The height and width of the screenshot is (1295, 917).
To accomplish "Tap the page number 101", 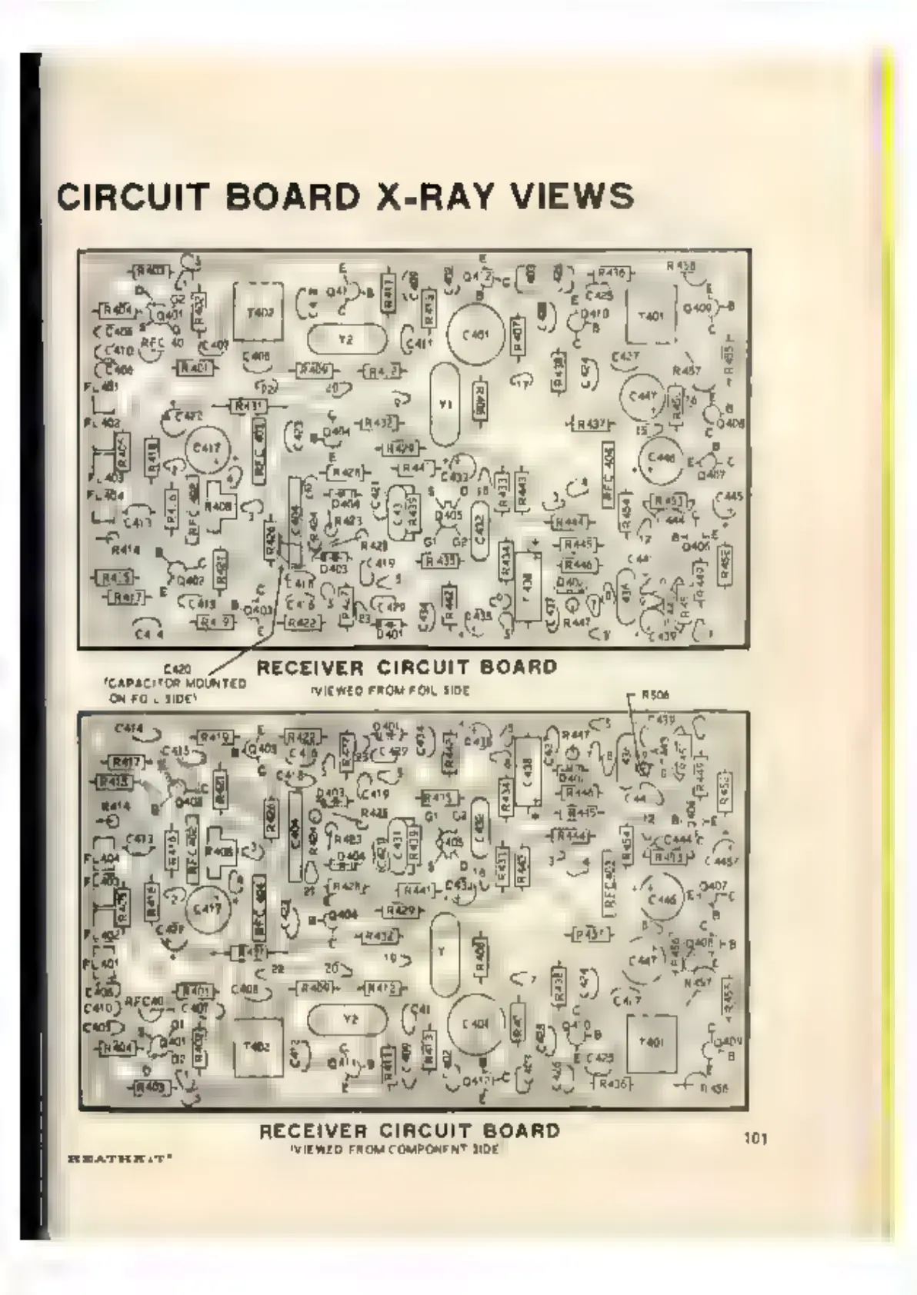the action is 756,1137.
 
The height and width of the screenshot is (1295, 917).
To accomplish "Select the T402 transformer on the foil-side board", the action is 258,312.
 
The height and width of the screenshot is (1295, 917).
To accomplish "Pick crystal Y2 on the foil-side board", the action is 345,338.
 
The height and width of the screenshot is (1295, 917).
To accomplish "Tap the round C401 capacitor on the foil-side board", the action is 476,335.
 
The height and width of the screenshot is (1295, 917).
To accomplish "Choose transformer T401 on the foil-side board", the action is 652,316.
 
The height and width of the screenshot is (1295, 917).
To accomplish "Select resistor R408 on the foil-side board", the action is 219,507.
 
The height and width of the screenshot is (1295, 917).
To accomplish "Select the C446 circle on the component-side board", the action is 662,898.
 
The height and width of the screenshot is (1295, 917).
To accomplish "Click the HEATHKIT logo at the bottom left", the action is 118,1157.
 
